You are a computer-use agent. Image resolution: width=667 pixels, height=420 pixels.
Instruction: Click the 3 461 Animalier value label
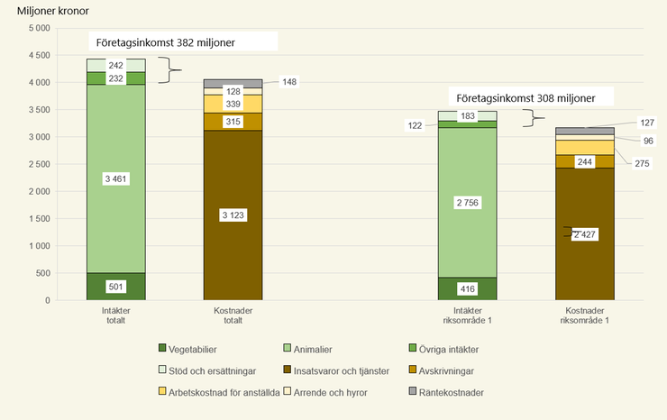pos(116,179)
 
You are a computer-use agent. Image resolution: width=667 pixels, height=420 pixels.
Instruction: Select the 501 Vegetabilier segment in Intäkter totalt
pos(116,287)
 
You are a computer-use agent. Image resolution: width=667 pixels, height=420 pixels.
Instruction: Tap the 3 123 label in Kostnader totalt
pos(233,215)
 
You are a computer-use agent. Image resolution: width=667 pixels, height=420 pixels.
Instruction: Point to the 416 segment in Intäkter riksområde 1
pos(467,288)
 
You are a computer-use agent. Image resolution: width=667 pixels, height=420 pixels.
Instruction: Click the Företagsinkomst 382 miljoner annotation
pos(184,42)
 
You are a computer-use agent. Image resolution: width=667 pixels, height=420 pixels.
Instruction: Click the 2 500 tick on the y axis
pos(37,164)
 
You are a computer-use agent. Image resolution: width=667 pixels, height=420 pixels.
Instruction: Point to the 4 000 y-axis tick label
pos(37,82)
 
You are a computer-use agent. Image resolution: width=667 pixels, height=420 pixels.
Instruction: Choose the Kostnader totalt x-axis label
pos(233,316)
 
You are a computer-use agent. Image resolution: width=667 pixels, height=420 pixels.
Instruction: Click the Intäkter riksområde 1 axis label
pos(467,316)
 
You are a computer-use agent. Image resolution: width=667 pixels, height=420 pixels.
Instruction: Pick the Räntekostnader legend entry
pos(446,392)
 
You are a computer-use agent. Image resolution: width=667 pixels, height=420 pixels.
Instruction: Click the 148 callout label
pos(289,82)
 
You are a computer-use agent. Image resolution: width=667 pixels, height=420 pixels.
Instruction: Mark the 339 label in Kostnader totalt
pos(233,105)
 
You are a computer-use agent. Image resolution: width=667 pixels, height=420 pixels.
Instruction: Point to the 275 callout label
pos(643,163)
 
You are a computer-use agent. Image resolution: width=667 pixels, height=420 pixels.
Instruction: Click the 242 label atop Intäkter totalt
pos(116,66)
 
